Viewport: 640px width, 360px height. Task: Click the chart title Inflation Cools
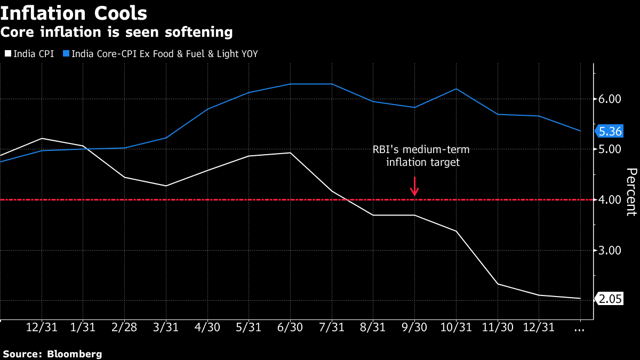pyautogui.click(x=74, y=12)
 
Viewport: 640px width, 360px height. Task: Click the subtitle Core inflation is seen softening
pyautogui.click(x=116, y=33)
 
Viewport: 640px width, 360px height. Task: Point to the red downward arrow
pyautogui.click(x=414, y=186)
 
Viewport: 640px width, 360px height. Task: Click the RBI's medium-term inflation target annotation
pyautogui.click(x=421, y=156)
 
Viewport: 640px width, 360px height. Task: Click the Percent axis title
pyautogui.click(x=631, y=192)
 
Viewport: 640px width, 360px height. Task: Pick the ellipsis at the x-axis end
pyautogui.click(x=580, y=329)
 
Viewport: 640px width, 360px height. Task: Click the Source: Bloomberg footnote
pyautogui.click(x=52, y=354)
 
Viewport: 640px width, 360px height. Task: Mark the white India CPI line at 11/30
pyautogui.click(x=498, y=284)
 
